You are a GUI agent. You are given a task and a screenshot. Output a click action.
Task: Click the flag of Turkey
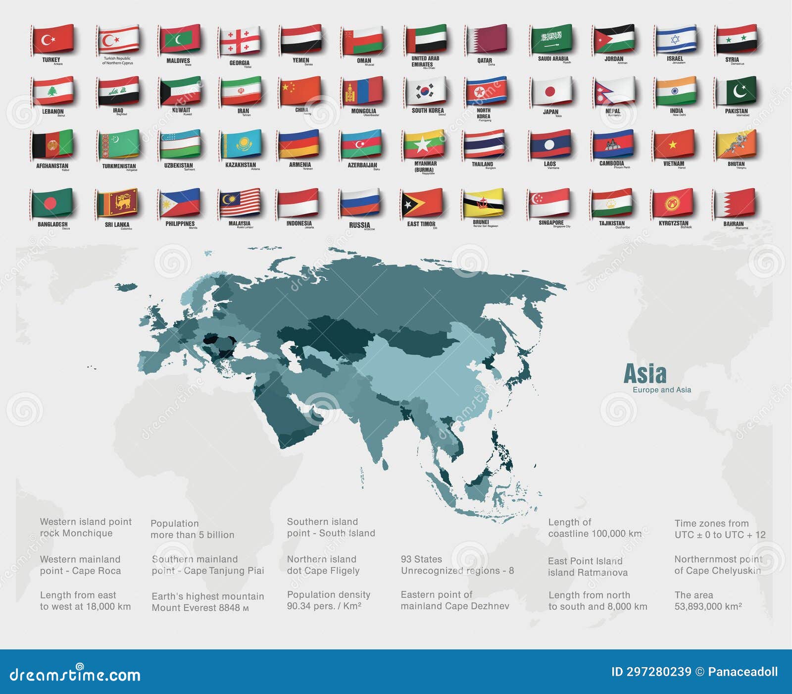pos(52,39)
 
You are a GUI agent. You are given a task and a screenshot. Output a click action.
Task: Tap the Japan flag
pos(550,91)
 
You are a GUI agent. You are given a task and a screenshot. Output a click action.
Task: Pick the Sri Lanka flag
pos(117,202)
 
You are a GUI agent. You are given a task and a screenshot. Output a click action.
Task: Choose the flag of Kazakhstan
pos(241,144)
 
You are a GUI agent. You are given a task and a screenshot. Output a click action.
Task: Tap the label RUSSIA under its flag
pos(359,225)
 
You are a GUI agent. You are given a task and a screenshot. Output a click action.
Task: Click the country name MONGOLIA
pos(363,111)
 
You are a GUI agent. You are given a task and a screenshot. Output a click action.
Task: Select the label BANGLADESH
pos(52,224)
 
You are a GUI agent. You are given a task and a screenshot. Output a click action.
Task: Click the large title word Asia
pos(644,374)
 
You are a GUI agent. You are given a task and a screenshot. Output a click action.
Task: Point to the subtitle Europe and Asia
pos(661,390)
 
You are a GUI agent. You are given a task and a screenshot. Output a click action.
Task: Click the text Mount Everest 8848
pos(196,608)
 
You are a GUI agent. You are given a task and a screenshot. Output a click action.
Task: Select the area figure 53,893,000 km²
pos(708,606)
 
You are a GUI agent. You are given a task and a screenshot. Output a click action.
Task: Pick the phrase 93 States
pos(421,559)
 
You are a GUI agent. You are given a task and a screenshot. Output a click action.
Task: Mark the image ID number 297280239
pos(658,672)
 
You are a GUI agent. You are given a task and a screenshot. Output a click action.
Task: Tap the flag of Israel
pos(675,39)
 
